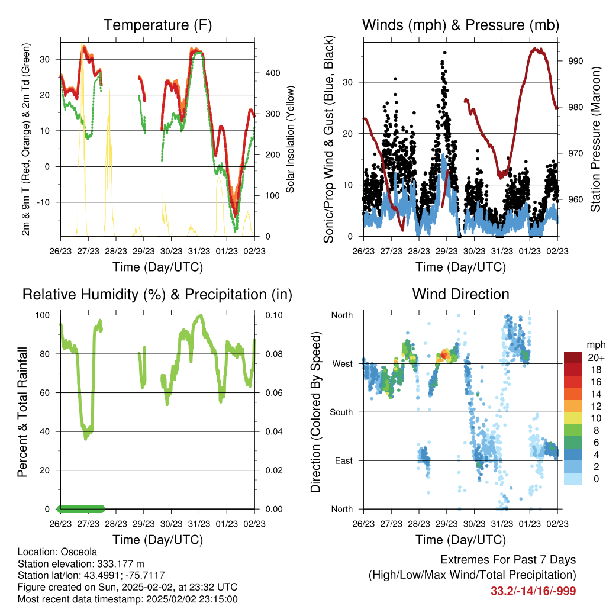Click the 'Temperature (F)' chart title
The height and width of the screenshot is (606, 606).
[157, 25]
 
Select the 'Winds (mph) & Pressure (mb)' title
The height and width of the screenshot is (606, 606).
[460, 25]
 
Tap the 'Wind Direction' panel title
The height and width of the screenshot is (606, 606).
[460, 294]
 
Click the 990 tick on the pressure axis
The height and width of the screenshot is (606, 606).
[575, 61]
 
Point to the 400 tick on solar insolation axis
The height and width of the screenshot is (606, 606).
[272, 73]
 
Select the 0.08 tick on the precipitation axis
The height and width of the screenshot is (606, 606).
[274, 354]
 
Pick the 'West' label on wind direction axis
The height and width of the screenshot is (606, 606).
[343, 364]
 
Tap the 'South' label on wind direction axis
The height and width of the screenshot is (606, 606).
[341, 412]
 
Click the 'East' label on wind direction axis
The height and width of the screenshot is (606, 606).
[344, 460]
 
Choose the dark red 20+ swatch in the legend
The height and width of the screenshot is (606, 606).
[573, 357]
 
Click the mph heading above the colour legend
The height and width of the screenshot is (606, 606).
[596, 345]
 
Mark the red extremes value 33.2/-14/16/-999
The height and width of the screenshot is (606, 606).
[533, 591]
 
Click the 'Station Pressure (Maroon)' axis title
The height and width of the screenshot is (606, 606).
[595, 139]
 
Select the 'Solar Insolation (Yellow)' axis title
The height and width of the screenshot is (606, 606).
[290, 139]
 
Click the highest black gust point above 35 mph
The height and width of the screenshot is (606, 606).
[445, 53]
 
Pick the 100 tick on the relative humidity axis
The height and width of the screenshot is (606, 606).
[43, 315]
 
